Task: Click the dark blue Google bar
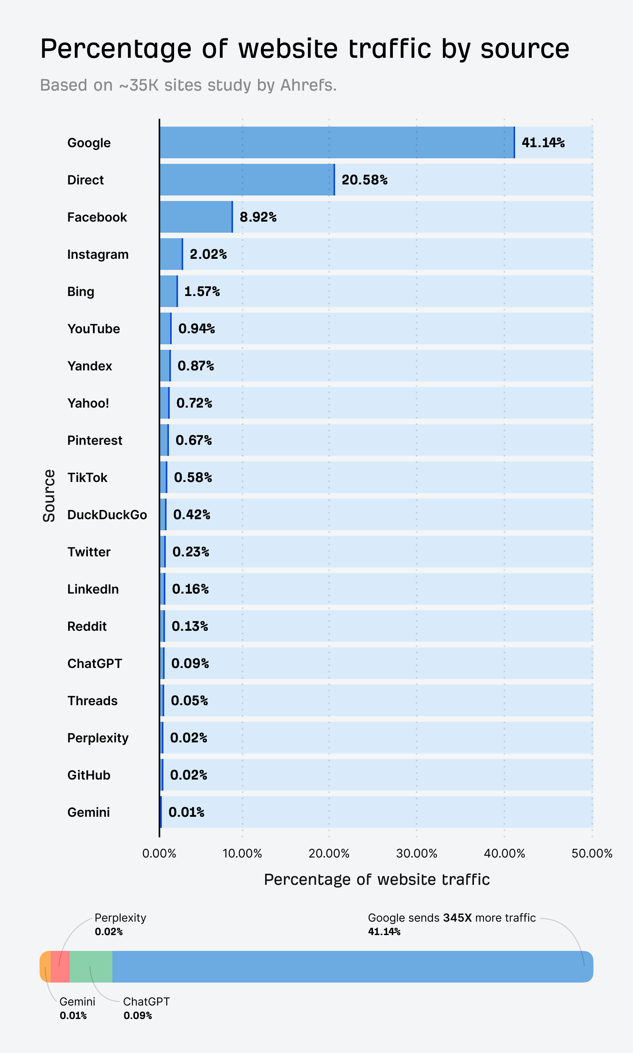click(x=337, y=142)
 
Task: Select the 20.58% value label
click(x=364, y=180)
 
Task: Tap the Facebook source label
click(x=97, y=217)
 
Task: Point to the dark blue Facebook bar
click(x=196, y=217)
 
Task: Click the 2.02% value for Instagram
click(x=208, y=254)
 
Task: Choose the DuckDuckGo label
click(x=107, y=514)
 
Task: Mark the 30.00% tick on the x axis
click(x=416, y=853)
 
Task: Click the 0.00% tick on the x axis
click(x=159, y=853)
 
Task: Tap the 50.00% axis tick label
click(x=591, y=853)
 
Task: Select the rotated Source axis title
click(x=49, y=495)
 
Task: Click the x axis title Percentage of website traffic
click(x=377, y=879)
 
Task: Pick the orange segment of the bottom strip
click(x=45, y=966)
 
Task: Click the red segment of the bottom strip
click(x=60, y=966)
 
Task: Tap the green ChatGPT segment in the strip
click(x=91, y=966)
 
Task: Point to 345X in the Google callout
click(x=457, y=917)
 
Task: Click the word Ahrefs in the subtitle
click(x=308, y=85)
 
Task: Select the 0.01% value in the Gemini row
click(x=186, y=812)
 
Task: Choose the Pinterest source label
click(x=95, y=440)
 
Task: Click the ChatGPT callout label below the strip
click(x=146, y=1002)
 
